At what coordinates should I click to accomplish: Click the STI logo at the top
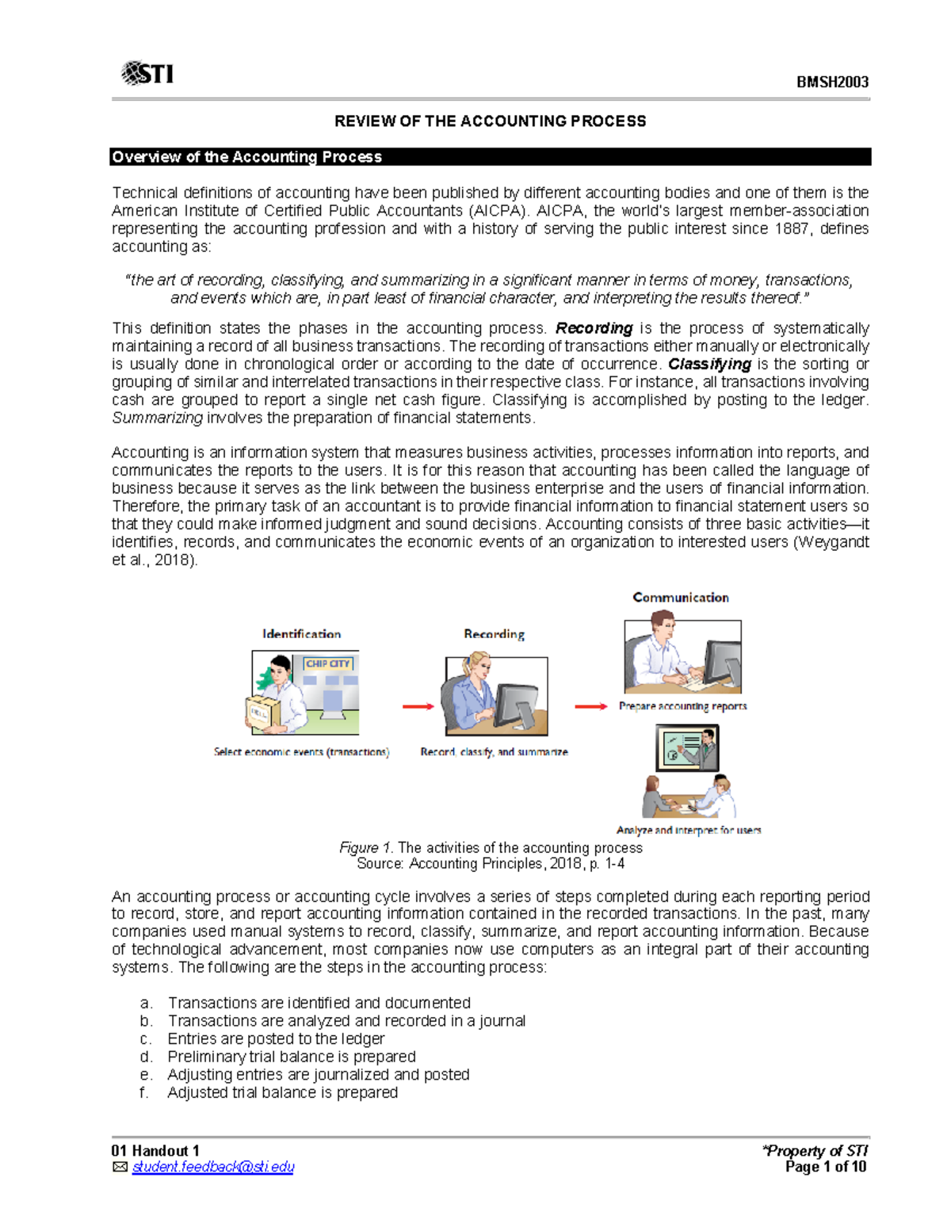147,74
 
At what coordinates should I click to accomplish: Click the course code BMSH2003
832,82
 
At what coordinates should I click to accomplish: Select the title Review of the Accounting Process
490,121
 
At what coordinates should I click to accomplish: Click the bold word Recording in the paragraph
594,328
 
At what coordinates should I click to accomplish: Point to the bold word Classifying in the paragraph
709,364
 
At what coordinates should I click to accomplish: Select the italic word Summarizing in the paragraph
157,418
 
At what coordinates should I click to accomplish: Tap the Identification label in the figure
301,634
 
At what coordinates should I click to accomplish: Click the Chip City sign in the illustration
328,663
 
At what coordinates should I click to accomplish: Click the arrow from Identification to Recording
418,706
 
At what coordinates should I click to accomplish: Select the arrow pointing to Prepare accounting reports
590,706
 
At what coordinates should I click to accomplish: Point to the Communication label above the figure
681,598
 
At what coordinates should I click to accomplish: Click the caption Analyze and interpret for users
689,830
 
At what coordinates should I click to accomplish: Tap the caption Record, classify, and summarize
494,751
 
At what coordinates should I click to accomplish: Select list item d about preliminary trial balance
291,1057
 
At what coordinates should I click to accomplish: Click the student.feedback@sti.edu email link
213,1167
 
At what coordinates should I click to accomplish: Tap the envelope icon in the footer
120,1167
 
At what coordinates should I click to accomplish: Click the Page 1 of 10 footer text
825,1167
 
